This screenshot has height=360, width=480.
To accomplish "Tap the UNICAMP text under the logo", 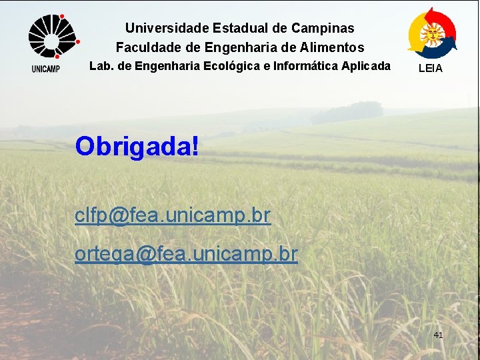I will (45, 69).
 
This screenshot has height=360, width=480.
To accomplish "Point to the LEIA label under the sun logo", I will (430, 68).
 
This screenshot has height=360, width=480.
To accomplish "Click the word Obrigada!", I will (137, 146).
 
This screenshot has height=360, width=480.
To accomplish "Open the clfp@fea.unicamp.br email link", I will (173, 216).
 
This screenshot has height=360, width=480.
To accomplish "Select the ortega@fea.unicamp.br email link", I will (186, 254).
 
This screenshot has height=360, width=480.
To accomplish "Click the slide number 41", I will (438, 335).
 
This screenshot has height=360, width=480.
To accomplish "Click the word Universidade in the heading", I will (167, 28).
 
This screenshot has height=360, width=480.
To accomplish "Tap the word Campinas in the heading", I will (323, 28).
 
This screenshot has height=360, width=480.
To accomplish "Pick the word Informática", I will (300, 66).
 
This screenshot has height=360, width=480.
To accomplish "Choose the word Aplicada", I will (366, 66).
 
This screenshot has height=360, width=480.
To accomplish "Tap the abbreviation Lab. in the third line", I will (101, 66).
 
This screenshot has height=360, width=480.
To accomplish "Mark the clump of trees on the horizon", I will (347, 112).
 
